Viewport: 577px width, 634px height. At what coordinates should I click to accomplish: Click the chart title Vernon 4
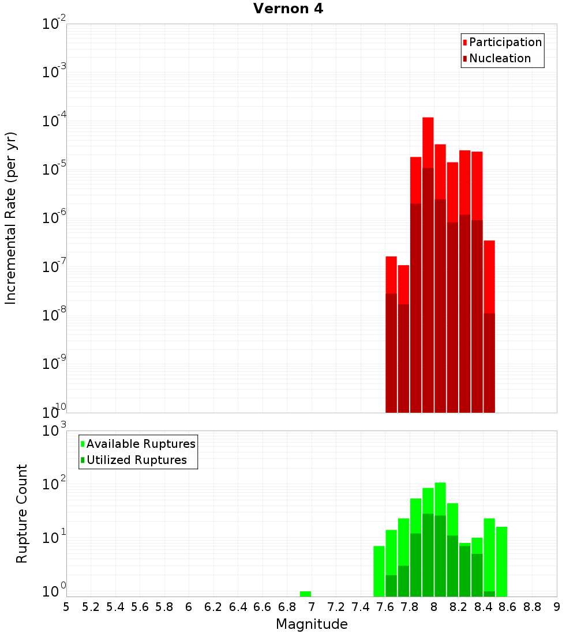tap(288, 9)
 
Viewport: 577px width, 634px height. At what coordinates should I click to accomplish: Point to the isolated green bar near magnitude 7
tap(305, 594)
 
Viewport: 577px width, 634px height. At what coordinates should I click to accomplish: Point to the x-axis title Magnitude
tap(312, 624)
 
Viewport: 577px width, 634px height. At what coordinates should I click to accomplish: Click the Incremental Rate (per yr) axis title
tap(11, 218)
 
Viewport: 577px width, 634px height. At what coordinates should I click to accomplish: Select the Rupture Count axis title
tap(22, 514)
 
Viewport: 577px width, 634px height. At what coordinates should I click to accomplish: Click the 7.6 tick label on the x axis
tap(385, 607)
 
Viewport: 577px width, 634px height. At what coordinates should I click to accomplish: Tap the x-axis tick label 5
tap(66, 607)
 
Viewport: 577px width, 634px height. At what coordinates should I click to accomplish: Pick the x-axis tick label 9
tap(557, 607)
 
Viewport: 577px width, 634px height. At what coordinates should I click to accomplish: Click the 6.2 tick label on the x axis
tap(213, 607)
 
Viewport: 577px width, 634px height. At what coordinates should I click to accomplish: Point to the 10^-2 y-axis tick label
tap(54, 24)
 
